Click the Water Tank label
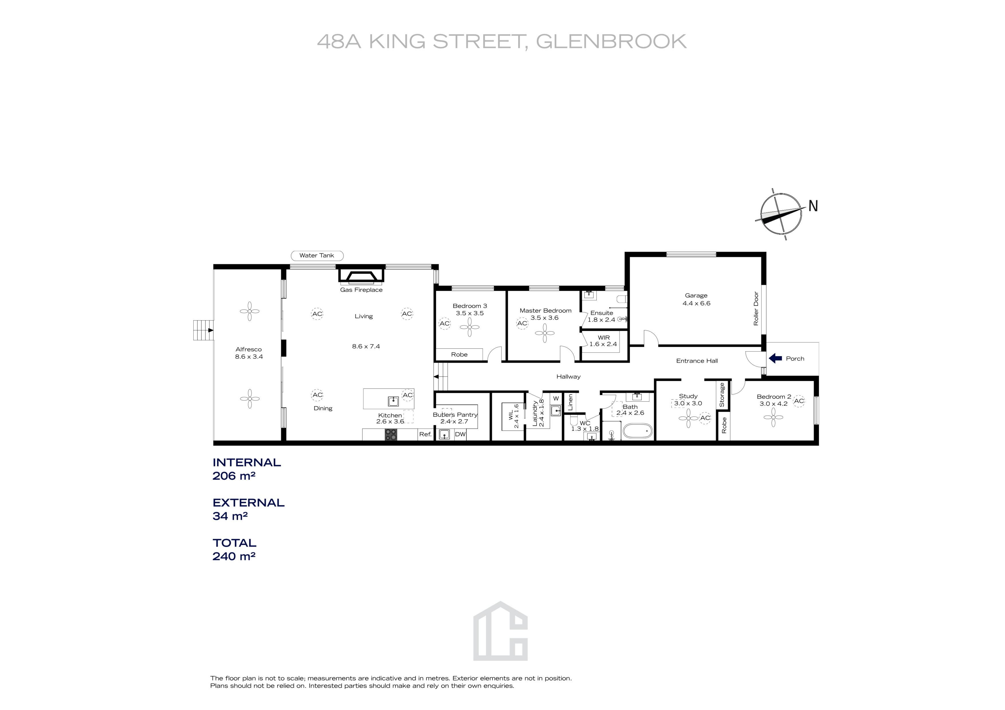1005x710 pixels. [x=317, y=255]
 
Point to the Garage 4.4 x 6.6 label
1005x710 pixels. [x=696, y=299]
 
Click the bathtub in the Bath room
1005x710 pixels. [x=638, y=431]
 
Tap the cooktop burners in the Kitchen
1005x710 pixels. [x=390, y=434]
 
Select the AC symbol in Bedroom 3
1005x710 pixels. [x=444, y=323]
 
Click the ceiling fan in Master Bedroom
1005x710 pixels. [x=545, y=333]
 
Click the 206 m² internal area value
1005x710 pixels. [x=234, y=476]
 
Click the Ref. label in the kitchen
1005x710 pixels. [x=425, y=434]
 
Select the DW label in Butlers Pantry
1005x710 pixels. [x=460, y=434]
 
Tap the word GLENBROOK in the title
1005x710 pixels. [x=611, y=42]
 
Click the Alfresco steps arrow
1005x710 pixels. [x=211, y=330]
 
